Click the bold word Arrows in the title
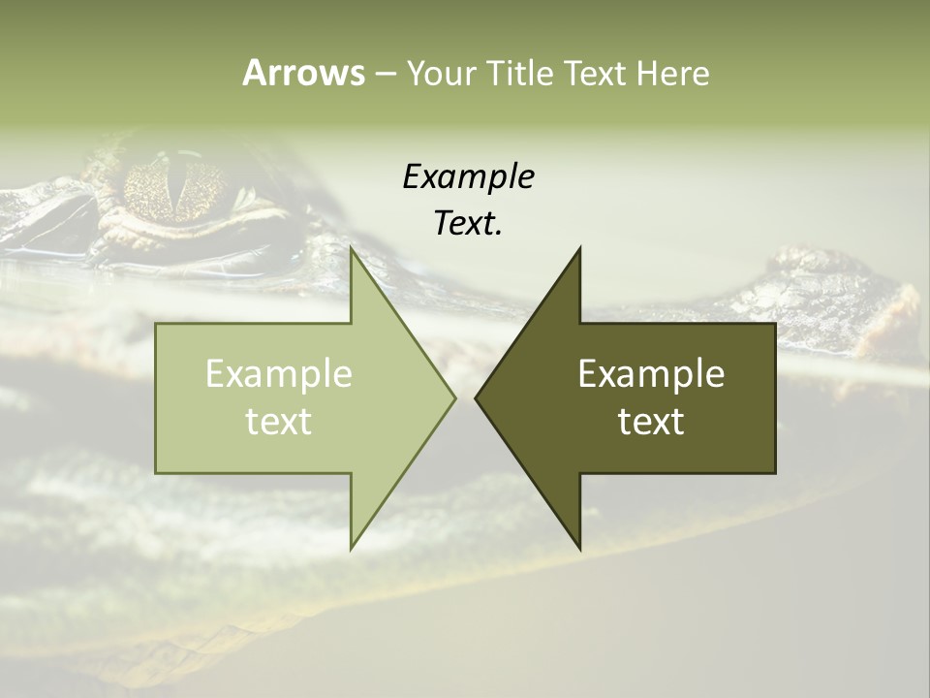(303, 73)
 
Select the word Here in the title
(672, 73)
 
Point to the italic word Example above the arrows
(468, 176)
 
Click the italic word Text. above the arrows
(468, 223)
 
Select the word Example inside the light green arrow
(279, 373)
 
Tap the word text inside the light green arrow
(279, 421)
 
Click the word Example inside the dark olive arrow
(651, 373)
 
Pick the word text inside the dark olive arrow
(651, 421)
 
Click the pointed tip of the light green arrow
(454, 397)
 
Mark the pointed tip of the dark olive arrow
(476, 397)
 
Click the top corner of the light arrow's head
(351, 248)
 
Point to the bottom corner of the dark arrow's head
(580, 549)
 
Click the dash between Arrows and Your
(385, 74)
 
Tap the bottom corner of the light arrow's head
(351, 549)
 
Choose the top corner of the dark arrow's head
(580, 248)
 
